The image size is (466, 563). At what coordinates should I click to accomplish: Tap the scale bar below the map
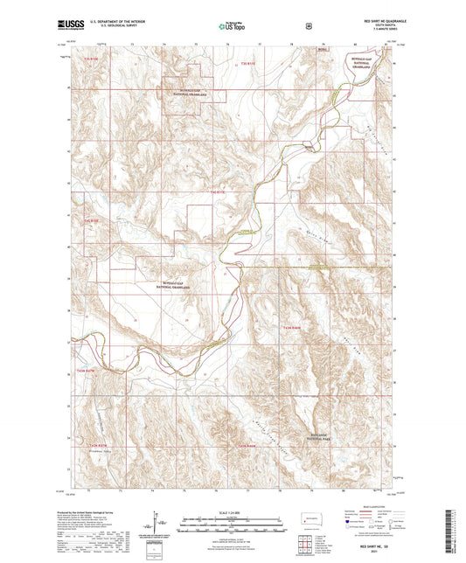pyautogui.click(x=233, y=525)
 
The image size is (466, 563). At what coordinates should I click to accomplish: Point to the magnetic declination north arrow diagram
pyautogui.click(x=156, y=525)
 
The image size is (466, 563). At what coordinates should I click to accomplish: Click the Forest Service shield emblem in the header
pyautogui.click(x=307, y=26)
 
